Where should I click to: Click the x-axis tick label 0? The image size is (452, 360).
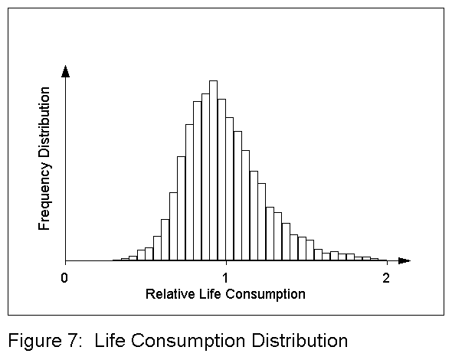tap(65, 277)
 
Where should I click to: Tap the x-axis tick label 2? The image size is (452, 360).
tap(386, 277)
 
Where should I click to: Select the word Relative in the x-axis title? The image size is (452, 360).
tap(168, 294)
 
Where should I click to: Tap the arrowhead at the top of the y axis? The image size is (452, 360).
tap(66, 72)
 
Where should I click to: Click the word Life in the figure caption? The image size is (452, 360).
tap(110, 339)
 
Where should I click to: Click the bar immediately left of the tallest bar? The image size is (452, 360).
tap(205, 177)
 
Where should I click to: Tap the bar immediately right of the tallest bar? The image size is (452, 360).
tap(221, 180)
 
